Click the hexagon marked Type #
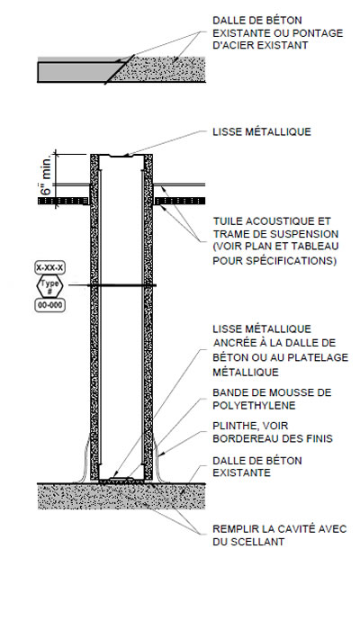49,286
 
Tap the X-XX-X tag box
49,267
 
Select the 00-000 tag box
49,305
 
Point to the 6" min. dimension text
46,175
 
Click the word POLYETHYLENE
254,406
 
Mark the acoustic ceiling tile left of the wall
63,201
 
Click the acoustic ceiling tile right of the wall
179,201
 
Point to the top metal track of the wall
121,156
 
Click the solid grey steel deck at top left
76,71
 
